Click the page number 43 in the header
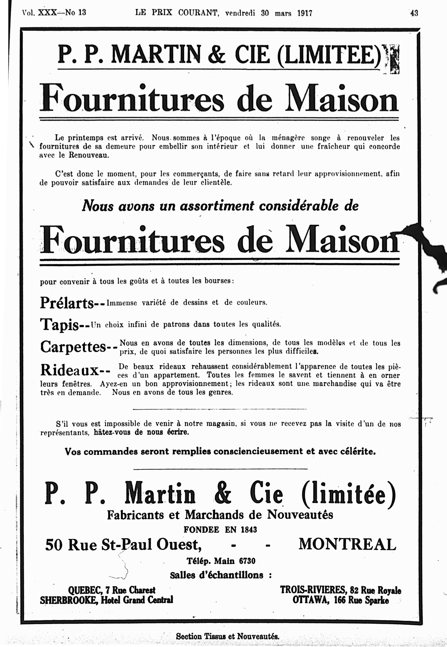point(414,13)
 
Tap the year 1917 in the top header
point(305,13)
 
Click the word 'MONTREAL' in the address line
point(347,544)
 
